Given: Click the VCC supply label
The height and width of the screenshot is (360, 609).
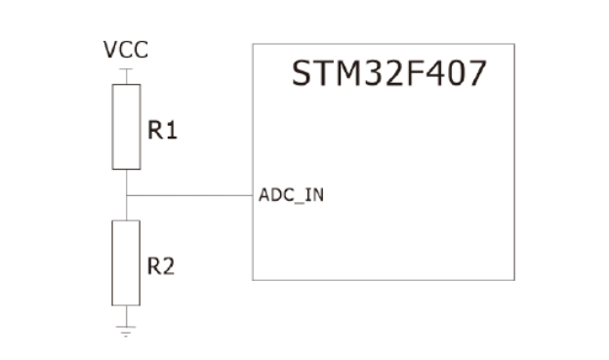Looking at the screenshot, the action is pyautogui.click(x=126, y=50).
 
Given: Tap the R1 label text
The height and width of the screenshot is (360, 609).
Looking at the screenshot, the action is pyautogui.click(x=162, y=130).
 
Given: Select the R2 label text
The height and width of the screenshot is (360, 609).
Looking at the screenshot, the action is pyautogui.click(x=161, y=266).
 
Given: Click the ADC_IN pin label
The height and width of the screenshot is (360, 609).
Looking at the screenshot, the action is pyautogui.click(x=291, y=195).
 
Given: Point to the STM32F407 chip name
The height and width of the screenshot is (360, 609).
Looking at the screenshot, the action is pyautogui.click(x=388, y=73).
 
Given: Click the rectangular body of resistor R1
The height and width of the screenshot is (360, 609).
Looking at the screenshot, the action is pyautogui.click(x=126, y=127).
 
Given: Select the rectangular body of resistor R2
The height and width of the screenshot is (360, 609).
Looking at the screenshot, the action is pyautogui.click(x=126, y=262).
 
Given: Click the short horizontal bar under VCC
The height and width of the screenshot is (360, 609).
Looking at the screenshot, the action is pyautogui.click(x=126, y=69).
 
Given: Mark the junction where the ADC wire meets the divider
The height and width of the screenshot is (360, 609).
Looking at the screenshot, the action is pyautogui.click(x=126, y=195).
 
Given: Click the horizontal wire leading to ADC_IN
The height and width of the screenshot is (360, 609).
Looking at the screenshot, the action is pyautogui.click(x=189, y=195).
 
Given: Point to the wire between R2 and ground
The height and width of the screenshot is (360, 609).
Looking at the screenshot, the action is pyautogui.click(x=126, y=316).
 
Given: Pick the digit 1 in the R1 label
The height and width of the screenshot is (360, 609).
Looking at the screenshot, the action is pyautogui.click(x=172, y=130).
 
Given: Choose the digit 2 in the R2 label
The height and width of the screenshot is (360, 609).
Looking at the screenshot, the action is pyautogui.click(x=168, y=266).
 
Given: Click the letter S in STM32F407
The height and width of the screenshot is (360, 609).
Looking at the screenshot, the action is pyautogui.click(x=302, y=73).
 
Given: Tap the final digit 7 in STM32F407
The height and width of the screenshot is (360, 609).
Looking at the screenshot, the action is pyautogui.click(x=477, y=73).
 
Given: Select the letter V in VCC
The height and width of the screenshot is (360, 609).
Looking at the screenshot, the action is pyautogui.click(x=110, y=50).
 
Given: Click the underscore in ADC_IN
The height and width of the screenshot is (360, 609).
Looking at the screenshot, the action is pyautogui.click(x=299, y=203).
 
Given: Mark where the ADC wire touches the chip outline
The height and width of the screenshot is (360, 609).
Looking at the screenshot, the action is pyautogui.click(x=253, y=195).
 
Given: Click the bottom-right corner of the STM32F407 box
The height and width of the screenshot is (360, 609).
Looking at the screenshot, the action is pyautogui.click(x=514, y=280).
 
